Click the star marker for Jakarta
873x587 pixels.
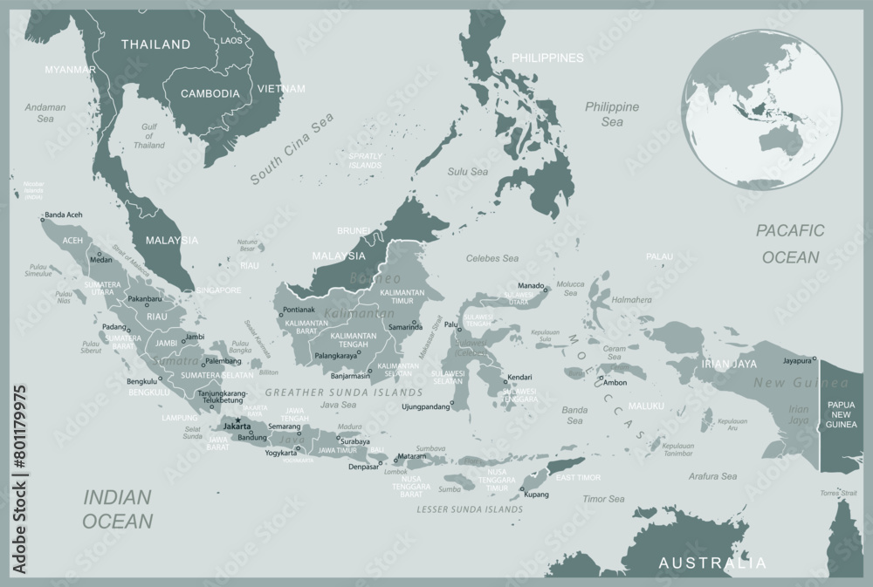(237, 420)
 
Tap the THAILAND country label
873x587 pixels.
(155, 44)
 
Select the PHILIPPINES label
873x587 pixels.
(547, 58)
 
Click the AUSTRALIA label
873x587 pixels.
(712, 563)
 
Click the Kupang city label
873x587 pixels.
(537, 495)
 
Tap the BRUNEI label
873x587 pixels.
(354, 231)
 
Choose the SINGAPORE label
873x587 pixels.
(218, 290)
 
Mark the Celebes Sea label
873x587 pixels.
(492, 258)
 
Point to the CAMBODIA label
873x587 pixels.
(210, 93)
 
